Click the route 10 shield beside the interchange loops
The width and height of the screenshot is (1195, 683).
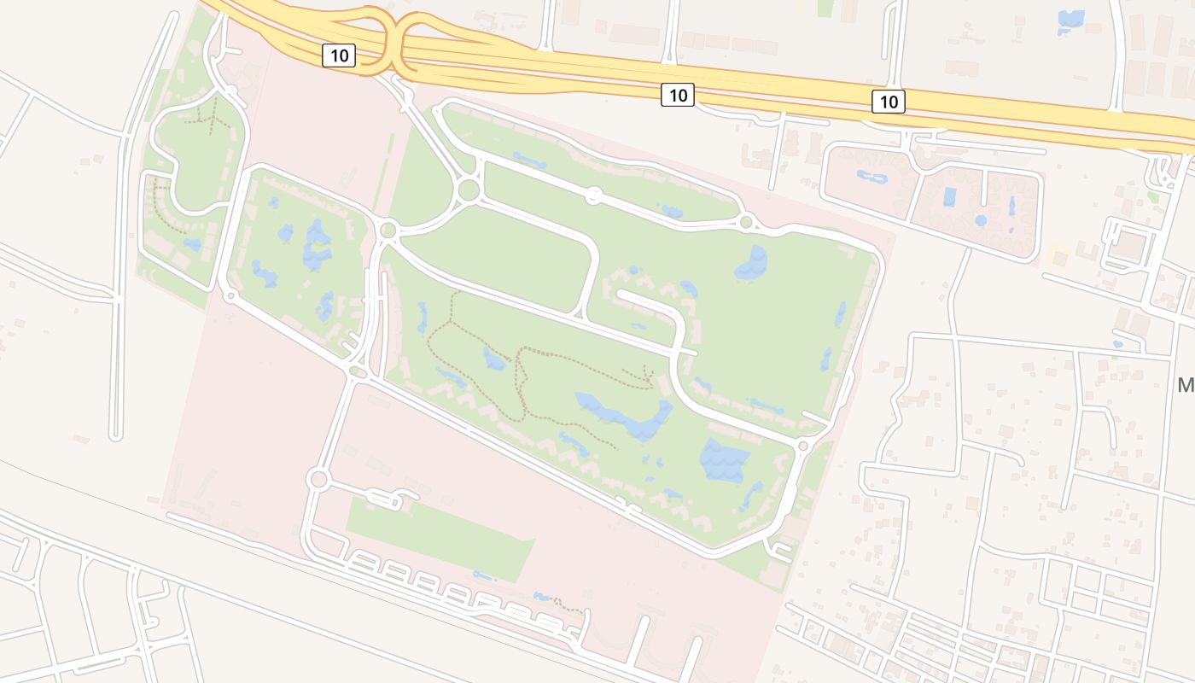339,56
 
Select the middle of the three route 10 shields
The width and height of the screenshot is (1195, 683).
678,95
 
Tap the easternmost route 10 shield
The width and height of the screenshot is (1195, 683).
889,102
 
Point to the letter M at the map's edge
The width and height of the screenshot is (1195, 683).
1185,385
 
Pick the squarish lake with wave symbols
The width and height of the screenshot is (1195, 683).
724,461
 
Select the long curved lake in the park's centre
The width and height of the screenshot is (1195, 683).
627,416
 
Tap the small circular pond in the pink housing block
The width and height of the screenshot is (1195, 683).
981,220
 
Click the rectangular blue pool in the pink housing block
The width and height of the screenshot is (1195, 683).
949,197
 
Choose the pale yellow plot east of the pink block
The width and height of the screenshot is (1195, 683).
1058,255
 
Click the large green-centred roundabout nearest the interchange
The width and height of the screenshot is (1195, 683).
468,190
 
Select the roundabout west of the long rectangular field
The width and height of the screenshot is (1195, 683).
318,479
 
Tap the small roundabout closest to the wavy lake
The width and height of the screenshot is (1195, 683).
802,446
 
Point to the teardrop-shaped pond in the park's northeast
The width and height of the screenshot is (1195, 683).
752,264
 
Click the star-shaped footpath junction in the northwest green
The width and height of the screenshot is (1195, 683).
210,118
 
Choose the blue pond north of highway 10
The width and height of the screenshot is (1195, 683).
1070,20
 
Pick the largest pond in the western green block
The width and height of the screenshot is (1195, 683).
316,245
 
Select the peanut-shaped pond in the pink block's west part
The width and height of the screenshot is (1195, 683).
872,178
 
